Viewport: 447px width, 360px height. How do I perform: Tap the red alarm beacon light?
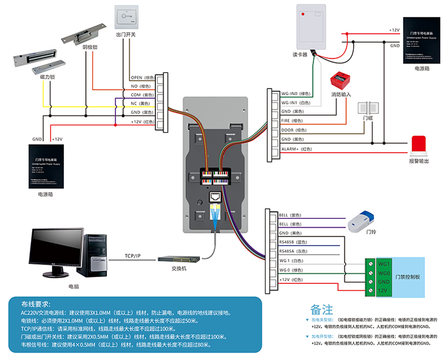pos(419,145)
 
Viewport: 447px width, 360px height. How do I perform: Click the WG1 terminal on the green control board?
pos(383,263)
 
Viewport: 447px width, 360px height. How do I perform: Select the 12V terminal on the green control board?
pos(383,290)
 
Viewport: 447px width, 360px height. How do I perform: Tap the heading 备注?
pos(322,309)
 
